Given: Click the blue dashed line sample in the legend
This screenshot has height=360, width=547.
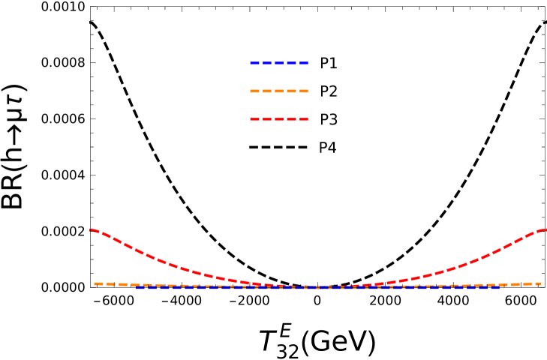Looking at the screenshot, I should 279,63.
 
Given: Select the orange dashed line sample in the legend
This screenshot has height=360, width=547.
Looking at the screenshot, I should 279,91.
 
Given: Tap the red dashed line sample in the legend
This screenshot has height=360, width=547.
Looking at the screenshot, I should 279,119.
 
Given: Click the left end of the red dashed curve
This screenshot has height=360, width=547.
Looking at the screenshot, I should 91,229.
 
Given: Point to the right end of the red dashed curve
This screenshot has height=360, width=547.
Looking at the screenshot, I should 545,229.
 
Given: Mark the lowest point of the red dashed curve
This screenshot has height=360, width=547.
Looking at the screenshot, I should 319,287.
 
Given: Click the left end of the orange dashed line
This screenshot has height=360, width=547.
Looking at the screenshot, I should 95,283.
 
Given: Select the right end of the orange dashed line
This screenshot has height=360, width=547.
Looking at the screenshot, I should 540,283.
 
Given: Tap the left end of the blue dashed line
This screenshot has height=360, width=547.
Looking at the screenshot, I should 137,287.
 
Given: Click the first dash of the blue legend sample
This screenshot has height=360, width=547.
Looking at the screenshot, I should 254,63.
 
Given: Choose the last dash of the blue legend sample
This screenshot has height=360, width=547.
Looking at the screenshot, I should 304,63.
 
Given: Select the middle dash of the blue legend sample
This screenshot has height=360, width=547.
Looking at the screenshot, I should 279,63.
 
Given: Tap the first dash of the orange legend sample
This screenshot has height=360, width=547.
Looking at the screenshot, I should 254,91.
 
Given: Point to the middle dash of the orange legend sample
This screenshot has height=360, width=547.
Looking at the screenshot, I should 279,91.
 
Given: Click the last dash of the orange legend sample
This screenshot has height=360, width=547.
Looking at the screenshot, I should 304,91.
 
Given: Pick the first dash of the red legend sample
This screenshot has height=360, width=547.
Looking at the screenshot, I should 254,119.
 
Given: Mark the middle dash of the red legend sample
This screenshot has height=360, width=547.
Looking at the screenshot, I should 279,119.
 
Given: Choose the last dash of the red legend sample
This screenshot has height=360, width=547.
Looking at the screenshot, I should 304,119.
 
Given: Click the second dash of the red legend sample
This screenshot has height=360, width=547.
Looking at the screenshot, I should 267,119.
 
